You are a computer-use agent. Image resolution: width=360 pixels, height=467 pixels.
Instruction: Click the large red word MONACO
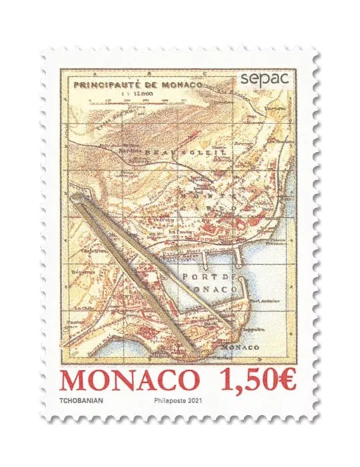[x=130, y=381]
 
